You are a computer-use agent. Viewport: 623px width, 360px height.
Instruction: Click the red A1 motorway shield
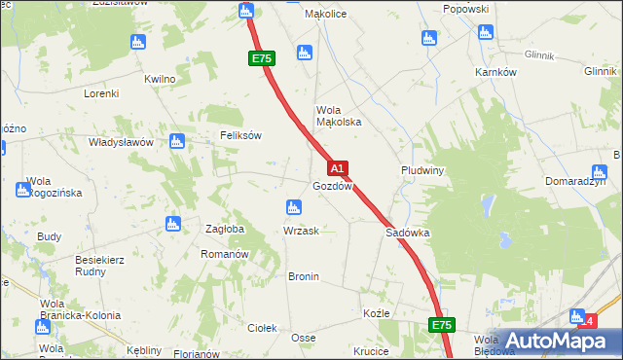click(x=337, y=168)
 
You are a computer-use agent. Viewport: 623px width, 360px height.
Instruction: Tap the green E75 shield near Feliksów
click(x=261, y=58)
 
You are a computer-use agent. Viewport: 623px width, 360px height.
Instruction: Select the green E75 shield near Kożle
click(x=442, y=324)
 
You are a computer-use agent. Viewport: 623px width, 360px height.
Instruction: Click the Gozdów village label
click(x=332, y=186)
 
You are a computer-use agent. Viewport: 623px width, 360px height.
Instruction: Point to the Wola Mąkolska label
click(x=339, y=116)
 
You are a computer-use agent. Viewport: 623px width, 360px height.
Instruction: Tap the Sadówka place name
click(x=408, y=234)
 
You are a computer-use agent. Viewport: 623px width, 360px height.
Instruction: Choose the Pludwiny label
click(x=422, y=169)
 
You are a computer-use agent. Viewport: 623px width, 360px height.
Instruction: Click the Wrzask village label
click(x=300, y=231)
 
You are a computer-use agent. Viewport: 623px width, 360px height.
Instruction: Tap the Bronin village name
click(x=303, y=276)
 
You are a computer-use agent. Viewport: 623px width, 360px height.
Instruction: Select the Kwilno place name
click(x=160, y=79)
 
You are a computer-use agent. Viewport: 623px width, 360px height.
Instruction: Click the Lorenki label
click(x=100, y=93)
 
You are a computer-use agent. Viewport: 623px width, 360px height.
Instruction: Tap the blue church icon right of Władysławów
click(x=176, y=141)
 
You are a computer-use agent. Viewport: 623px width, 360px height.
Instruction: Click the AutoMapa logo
click(x=551, y=340)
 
